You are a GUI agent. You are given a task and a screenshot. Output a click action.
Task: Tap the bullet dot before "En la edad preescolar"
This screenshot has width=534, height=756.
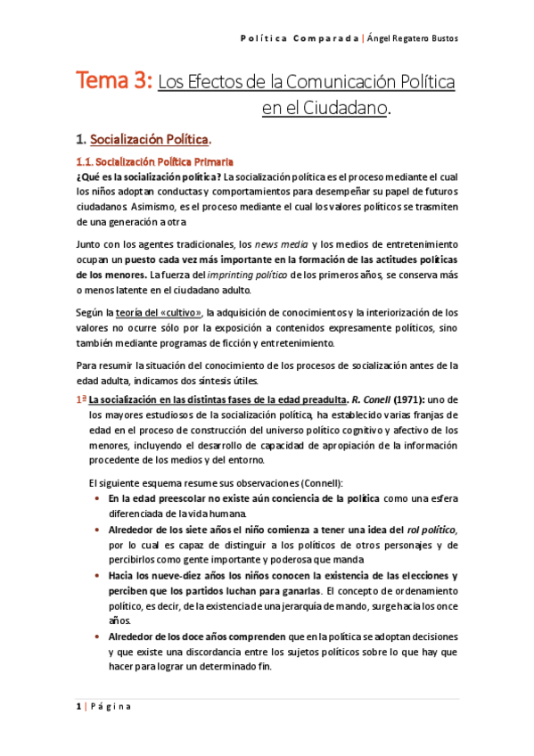pyautogui.click(x=96, y=497)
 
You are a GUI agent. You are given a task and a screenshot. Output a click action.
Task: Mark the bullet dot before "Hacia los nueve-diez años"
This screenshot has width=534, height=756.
pyautogui.click(x=96, y=575)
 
